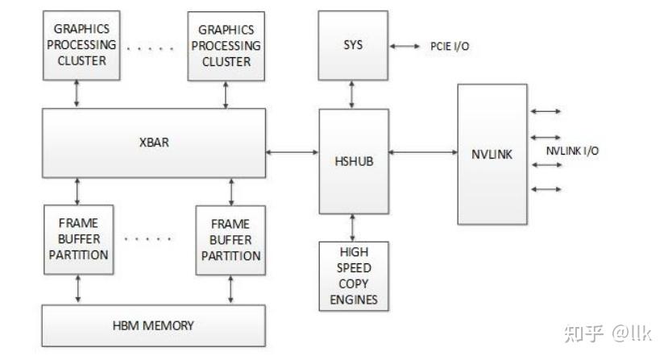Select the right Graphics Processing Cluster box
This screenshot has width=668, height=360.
click(x=225, y=45)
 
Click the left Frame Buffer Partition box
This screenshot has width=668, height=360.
click(x=77, y=239)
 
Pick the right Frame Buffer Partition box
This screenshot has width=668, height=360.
click(x=230, y=239)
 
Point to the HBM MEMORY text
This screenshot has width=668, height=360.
click(x=153, y=325)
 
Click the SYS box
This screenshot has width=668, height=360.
click(x=353, y=45)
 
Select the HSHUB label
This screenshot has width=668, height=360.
click(x=353, y=160)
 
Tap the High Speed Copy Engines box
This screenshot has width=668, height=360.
click(x=353, y=275)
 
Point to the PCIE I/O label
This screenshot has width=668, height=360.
click(x=450, y=47)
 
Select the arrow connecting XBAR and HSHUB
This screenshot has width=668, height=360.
click(x=293, y=151)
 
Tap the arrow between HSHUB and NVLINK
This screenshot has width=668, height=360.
click(x=423, y=151)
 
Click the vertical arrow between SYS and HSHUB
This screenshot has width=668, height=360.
click(x=353, y=95)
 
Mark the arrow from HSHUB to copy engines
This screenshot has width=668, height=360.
click(x=353, y=226)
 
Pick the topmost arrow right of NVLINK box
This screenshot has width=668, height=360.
click(x=546, y=112)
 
